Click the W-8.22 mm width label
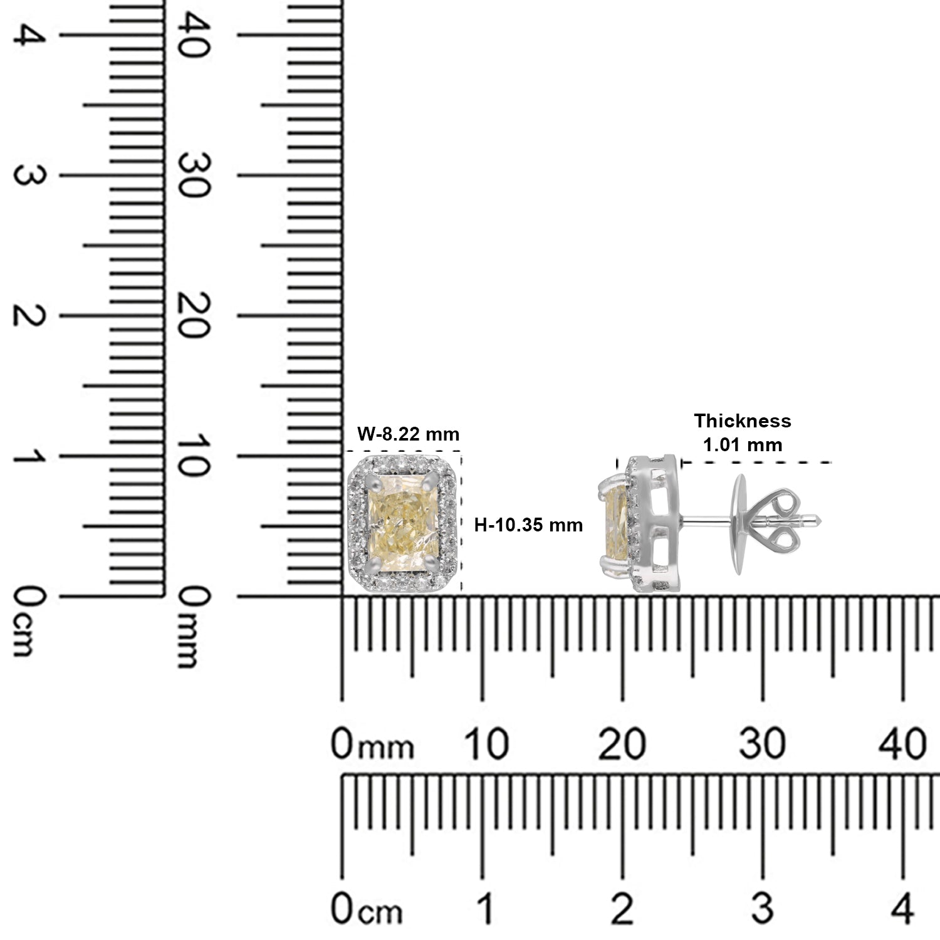[x=408, y=434]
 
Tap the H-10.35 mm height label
[x=528, y=525]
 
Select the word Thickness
[x=743, y=421]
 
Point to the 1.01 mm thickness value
[x=743, y=445]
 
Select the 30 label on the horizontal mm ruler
[x=762, y=744]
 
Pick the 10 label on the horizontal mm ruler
[x=486, y=744]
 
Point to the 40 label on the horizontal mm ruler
[x=902, y=744]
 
